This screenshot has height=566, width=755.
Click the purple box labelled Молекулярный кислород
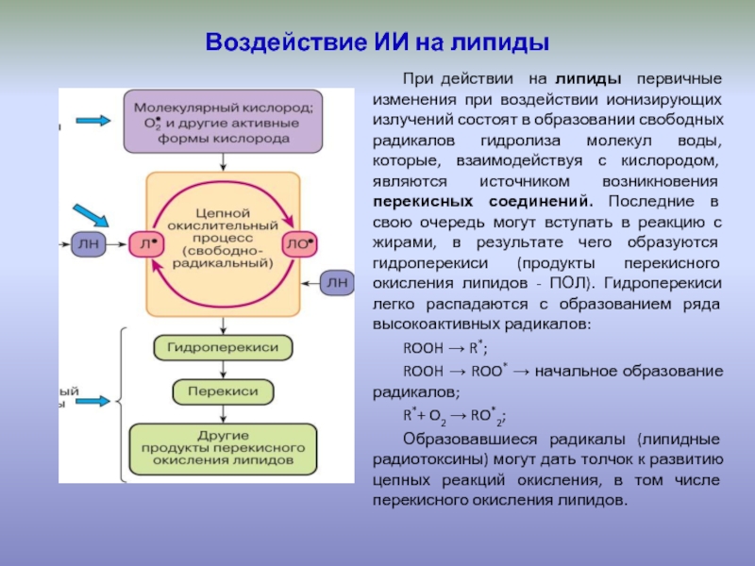222,122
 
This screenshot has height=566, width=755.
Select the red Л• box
144,243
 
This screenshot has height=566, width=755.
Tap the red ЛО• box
300,243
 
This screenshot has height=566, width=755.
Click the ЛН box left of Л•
88,243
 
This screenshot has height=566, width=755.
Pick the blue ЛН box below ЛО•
337,282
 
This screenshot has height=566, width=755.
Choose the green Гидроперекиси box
223,347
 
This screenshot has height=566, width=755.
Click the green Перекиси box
223,391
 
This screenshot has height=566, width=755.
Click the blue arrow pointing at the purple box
93,121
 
